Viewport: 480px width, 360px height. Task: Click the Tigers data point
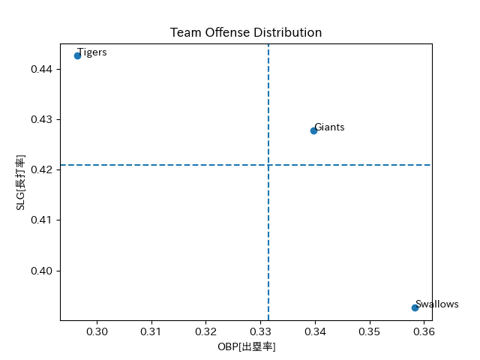pyautogui.click(x=77, y=55)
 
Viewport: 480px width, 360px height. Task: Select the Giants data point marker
pyautogui.click(x=313, y=130)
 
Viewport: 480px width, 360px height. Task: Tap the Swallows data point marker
pyautogui.click(x=415, y=307)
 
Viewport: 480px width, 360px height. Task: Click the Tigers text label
pyautogui.click(x=92, y=52)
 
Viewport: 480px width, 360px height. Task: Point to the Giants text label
pyautogui.click(x=329, y=127)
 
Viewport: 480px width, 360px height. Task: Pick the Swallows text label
pyautogui.click(x=436, y=304)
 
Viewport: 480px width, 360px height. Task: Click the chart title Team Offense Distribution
pyautogui.click(x=246, y=33)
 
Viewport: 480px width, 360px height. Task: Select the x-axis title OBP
pyautogui.click(x=246, y=346)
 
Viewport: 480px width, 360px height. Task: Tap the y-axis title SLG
pyautogui.click(x=21, y=182)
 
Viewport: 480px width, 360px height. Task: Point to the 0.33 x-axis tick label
pyautogui.click(x=260, y=331)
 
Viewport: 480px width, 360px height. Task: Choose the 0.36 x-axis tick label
pyautogui.click(x=424, y=331)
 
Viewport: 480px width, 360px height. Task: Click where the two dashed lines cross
pyautogui.click(x=268, y=165)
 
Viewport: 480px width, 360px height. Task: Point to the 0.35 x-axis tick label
pyautogui.click(x=370, y=331)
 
